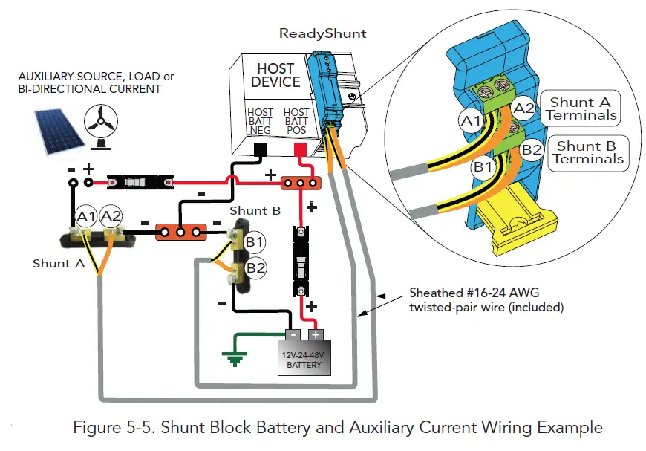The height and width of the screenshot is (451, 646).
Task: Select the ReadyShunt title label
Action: pos(322,33)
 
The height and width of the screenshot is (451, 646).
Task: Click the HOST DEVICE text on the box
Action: pos(275,75)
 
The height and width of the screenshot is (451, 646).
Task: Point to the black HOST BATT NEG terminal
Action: pos(261,151)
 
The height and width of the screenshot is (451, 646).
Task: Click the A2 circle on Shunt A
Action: pos(112,216)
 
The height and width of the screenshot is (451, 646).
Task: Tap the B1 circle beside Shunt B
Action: pos(255,241)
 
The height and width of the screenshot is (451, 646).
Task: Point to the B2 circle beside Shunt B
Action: pos(255,267)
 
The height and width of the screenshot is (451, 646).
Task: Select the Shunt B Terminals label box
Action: pos(587,152)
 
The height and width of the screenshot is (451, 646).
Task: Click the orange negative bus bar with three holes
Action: pos(180,233)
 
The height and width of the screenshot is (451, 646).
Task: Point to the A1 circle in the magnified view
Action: pos(470,120)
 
